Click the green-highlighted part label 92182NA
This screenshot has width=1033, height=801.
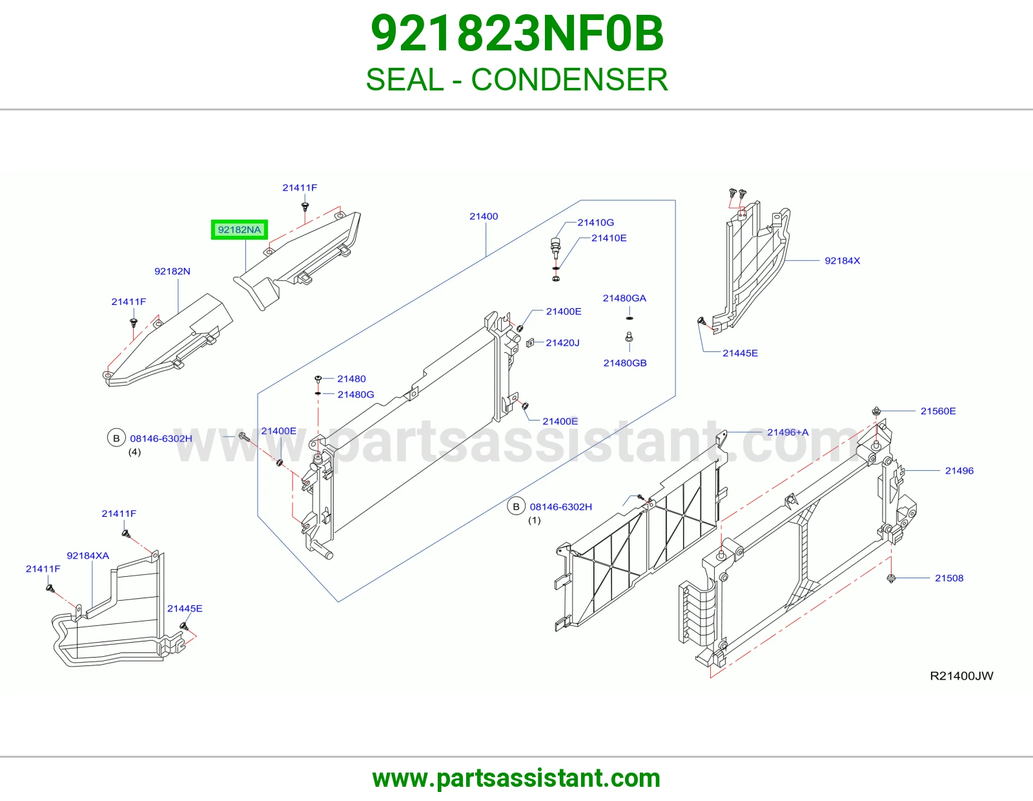239,230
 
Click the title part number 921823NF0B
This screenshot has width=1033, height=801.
516,34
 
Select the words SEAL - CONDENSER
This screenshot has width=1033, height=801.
516,79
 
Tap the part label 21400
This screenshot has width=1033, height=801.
484,216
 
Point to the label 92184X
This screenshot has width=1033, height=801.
842,261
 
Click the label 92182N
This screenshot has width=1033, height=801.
172,271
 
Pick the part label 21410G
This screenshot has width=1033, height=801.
596,222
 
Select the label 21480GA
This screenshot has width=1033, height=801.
624,298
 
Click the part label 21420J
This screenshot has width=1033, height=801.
562,343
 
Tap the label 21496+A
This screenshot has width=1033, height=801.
788,432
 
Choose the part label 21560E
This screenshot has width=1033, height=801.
938,411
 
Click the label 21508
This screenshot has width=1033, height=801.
949,578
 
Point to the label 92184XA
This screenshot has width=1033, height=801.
88,556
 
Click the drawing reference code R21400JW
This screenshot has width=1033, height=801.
961,676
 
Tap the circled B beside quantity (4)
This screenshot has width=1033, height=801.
116,438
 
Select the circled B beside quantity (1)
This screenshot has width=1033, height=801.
516,506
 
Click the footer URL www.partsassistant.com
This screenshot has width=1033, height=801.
516,778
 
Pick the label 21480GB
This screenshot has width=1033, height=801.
625,363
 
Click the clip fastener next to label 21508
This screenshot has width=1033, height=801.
891,578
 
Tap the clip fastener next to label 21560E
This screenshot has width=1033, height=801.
877,411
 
